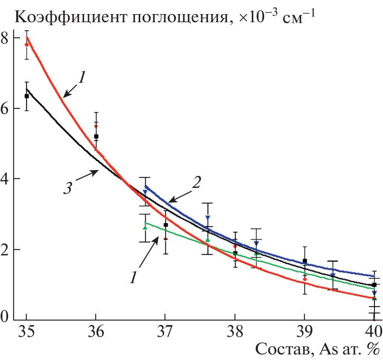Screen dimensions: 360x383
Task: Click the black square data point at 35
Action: (x=27, y=96)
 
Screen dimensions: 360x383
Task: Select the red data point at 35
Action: (x=27, y=44)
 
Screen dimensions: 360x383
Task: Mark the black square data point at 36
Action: (x=96, y=136)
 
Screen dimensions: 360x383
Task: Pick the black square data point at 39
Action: (x=305, y=261)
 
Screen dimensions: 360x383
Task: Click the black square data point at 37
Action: (x=165, y=225)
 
